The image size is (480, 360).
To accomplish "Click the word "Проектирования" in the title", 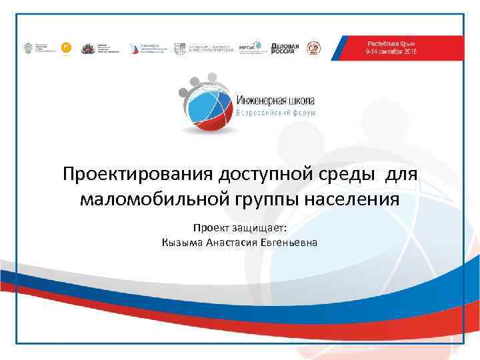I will [137, 175].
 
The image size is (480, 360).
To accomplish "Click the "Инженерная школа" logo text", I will [275, 99].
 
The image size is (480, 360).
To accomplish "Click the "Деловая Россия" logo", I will [285, 47].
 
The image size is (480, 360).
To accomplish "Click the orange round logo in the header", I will [65, 47].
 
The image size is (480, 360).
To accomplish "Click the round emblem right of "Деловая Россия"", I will [313, 47].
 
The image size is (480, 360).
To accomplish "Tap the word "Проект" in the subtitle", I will [209, 227].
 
